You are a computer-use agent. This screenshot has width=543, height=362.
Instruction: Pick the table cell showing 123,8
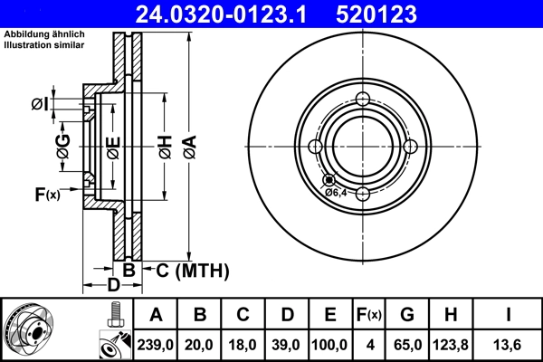[452, 345]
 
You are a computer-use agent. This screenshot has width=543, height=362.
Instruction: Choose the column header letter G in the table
[407, 315]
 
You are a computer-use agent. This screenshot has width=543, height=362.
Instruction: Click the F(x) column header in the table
[369, 315]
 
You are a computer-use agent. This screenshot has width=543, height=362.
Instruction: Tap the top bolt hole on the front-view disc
[362, 100]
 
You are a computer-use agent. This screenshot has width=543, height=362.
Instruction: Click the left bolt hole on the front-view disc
[315, 147]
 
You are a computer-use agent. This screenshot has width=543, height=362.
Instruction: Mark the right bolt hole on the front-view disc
[409, 147]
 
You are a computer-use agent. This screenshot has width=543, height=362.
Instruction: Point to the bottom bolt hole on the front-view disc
[362, 194]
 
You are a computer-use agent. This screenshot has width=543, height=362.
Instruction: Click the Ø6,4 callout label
[336, 192]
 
